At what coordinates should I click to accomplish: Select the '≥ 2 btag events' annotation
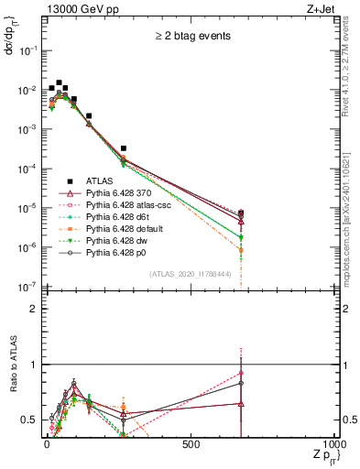pyautogui.click(x=192, y=37)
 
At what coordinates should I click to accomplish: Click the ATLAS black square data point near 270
pyautogui.click(x=123, y=148)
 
